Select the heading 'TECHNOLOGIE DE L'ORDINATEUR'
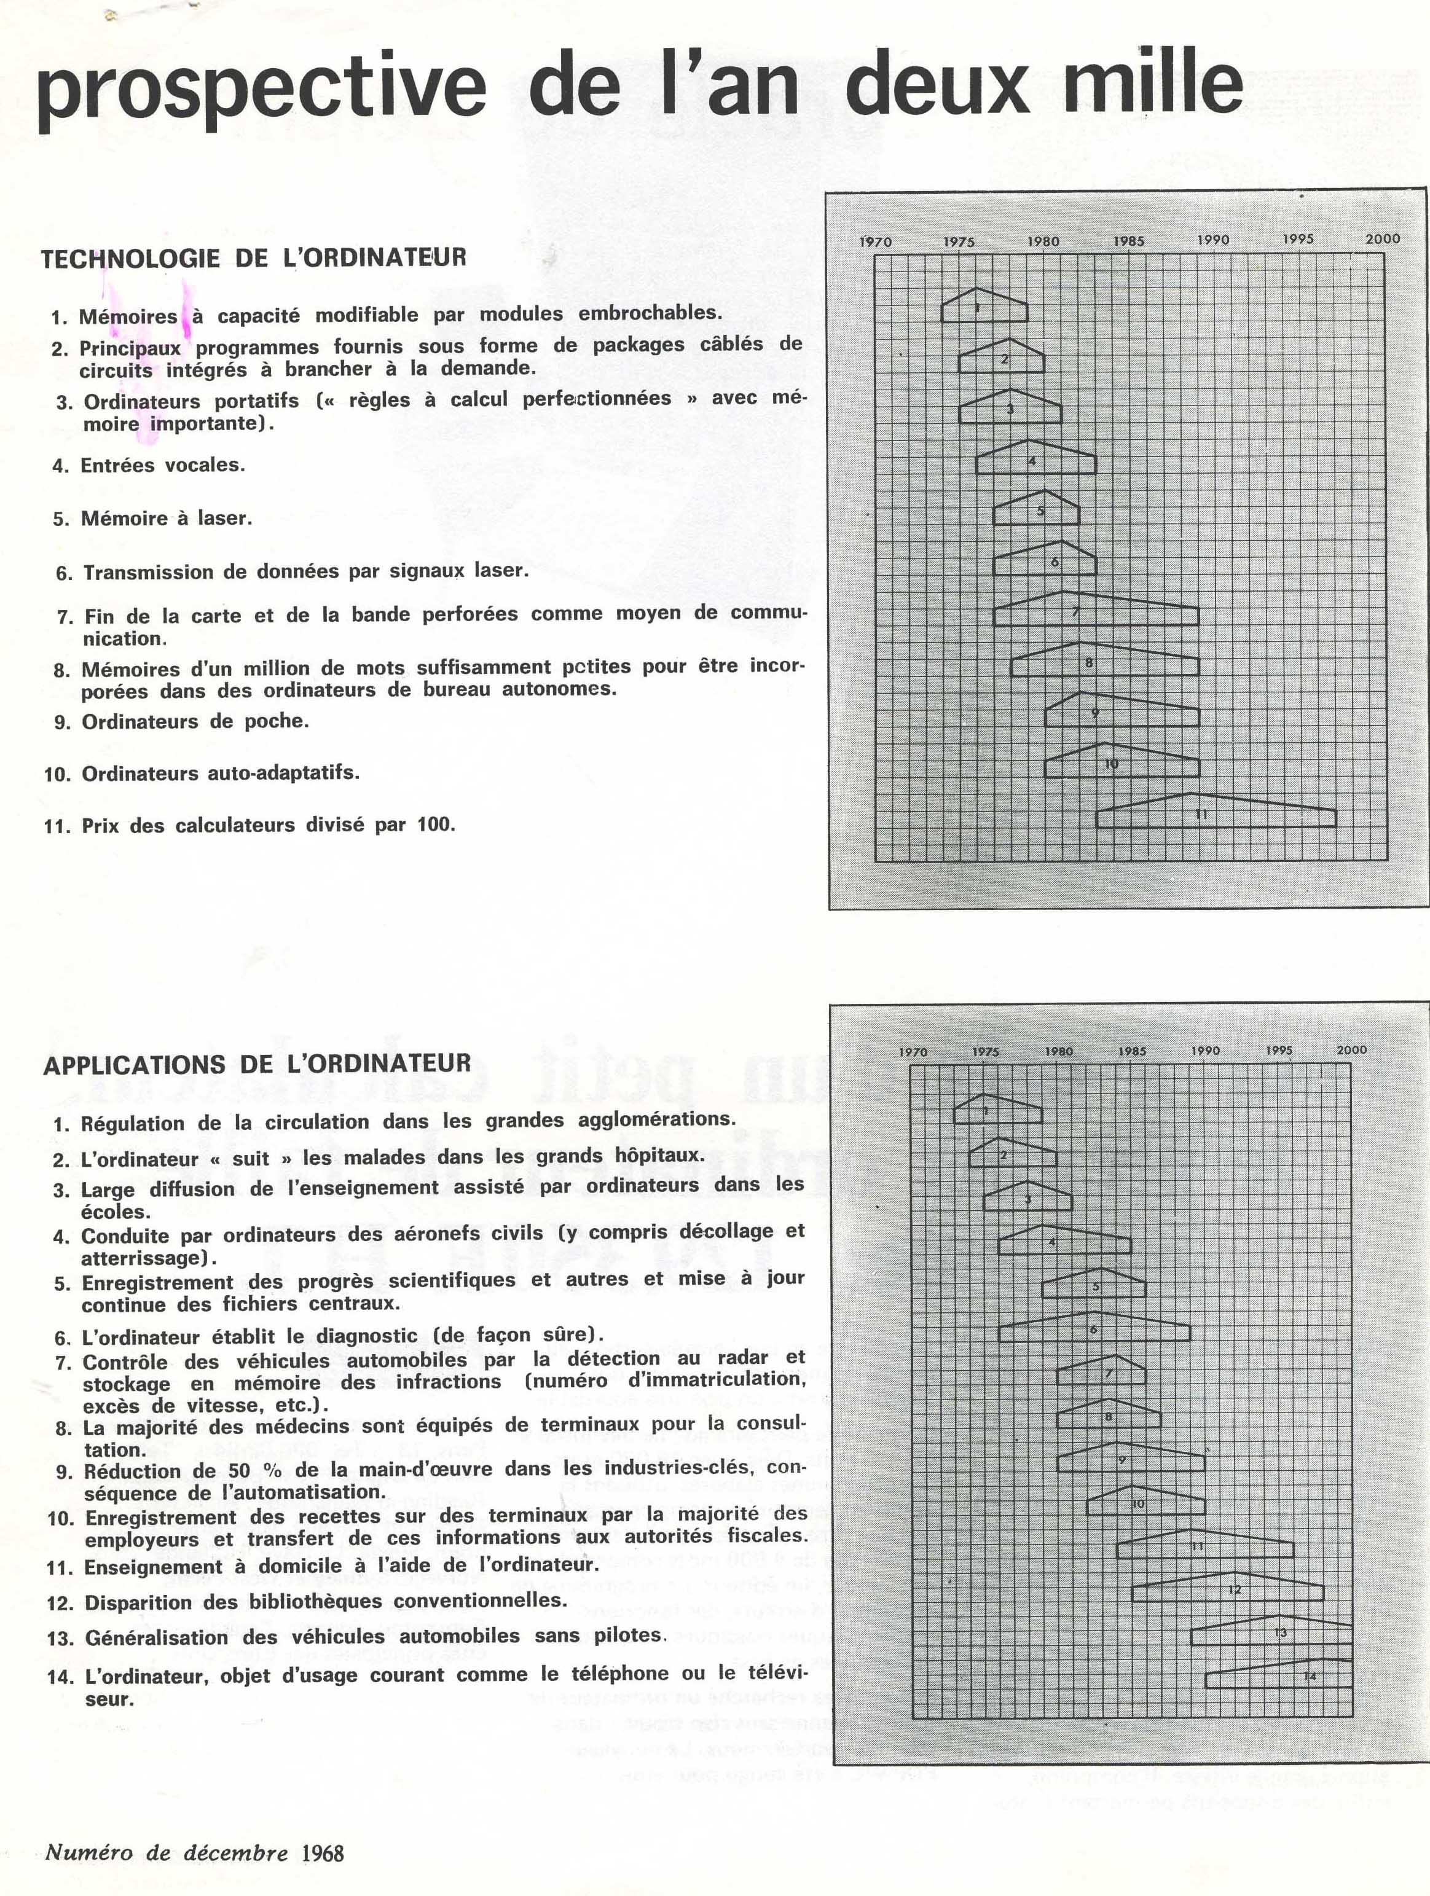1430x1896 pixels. pyautogui.click(x=254, y=258)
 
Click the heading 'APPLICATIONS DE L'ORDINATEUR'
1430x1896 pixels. pyautogui.click(x=257, y=1065)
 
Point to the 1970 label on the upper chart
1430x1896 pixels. pyautogui.click(x=875, y=241)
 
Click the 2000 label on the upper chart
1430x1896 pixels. pyautogui.click(x=1382, y=239)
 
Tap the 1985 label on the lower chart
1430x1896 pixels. pyautogui.click(x=1132, y=1051)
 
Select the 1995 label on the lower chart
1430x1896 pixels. pyautogui.click(x=1279, y=1050)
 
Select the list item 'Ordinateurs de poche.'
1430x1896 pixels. pyautogui.click(x=195, y=722)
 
